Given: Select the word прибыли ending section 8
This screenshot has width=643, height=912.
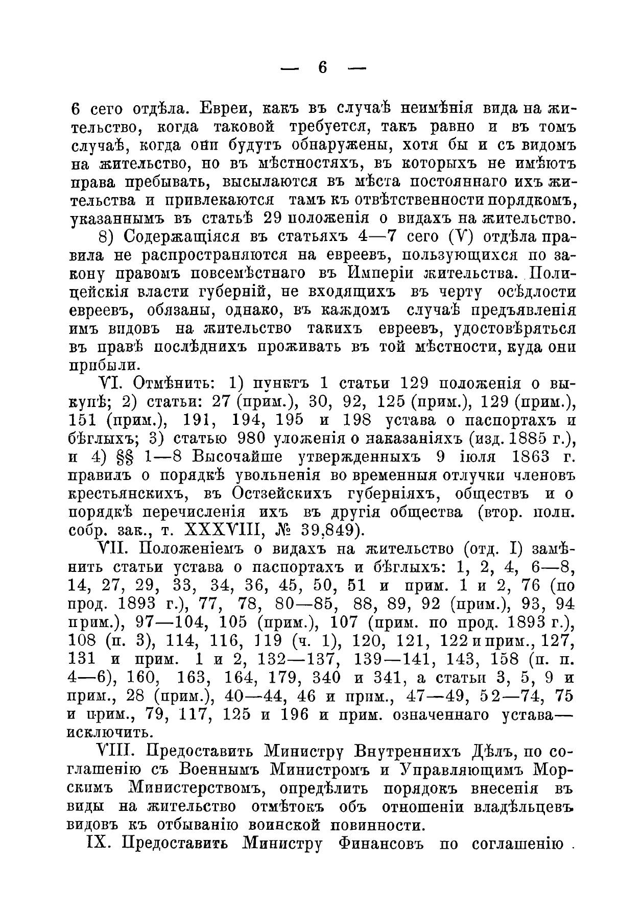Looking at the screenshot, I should [102, 365].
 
